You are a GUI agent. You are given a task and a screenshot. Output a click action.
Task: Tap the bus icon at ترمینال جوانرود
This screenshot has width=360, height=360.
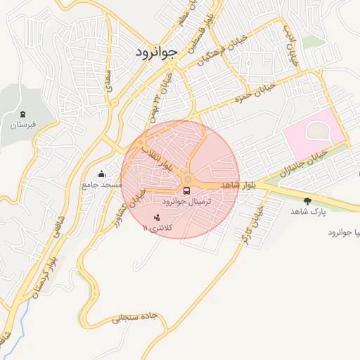[187, 189]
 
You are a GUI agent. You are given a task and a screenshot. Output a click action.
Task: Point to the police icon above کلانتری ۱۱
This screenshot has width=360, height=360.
[156, 217]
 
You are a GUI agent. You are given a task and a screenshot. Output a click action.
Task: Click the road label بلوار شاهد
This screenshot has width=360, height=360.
[238, 184]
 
